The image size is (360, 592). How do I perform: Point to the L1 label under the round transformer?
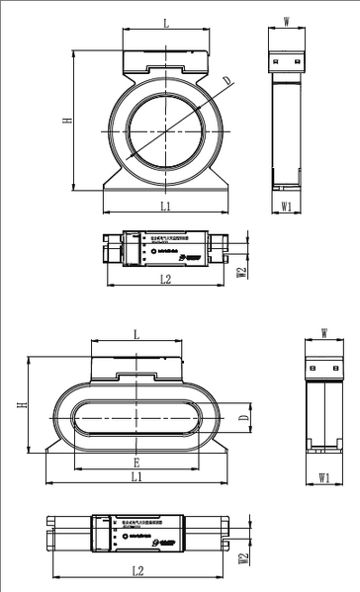165,206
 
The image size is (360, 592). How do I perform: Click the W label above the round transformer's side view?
286,20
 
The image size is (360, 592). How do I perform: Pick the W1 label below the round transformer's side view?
286,207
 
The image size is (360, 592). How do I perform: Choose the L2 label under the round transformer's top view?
165,281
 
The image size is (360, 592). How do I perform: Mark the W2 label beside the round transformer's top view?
242,271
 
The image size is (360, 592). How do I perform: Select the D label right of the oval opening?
242,418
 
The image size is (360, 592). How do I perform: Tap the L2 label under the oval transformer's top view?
137,571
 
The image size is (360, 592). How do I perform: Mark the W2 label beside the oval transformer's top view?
242,559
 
